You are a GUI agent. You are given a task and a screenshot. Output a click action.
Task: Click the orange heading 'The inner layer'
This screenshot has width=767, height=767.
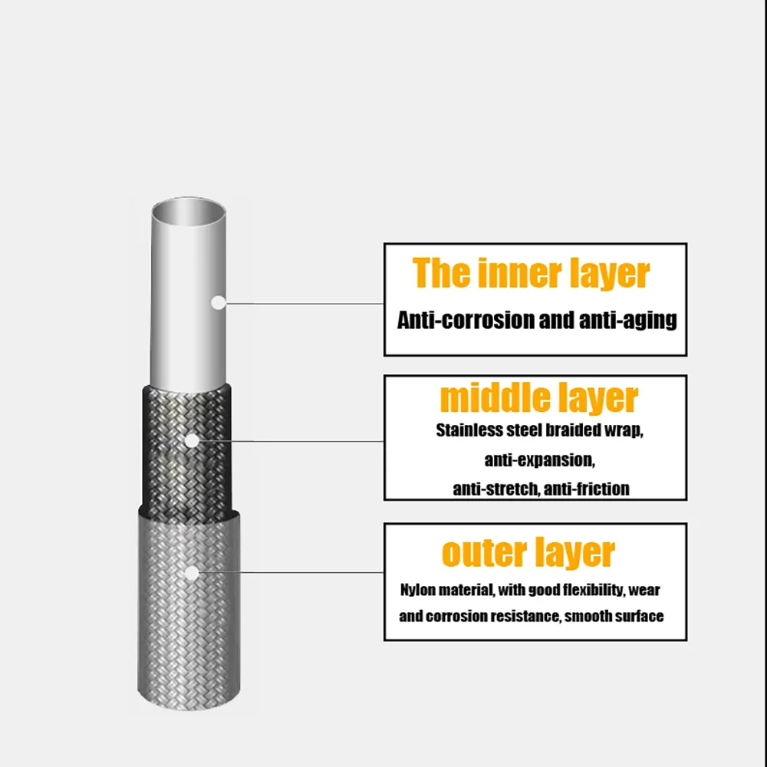coord(531,273)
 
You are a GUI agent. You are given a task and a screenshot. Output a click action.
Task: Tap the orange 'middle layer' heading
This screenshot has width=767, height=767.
coord(539,398)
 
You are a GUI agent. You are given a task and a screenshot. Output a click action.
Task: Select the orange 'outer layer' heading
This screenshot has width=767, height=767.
coord(528,553)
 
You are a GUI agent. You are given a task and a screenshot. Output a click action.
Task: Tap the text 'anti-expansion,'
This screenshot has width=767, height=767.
coord(539,460)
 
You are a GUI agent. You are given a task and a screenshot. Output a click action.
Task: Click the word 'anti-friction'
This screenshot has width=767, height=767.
coord(587,489)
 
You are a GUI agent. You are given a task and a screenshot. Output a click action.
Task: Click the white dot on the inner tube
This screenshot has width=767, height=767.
coord(218,303)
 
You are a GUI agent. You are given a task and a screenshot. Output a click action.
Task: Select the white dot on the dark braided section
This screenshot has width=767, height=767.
coord(192,441)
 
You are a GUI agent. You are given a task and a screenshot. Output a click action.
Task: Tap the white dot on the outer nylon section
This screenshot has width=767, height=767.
coord(192,573)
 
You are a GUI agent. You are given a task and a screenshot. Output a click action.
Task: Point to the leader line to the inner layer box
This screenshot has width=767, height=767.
coord(304,303)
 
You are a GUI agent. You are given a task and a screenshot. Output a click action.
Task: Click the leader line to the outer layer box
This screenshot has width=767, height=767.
coord(291,572)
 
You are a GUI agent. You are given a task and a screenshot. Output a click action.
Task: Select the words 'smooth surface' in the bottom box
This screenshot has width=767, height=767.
coord(614,617)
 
